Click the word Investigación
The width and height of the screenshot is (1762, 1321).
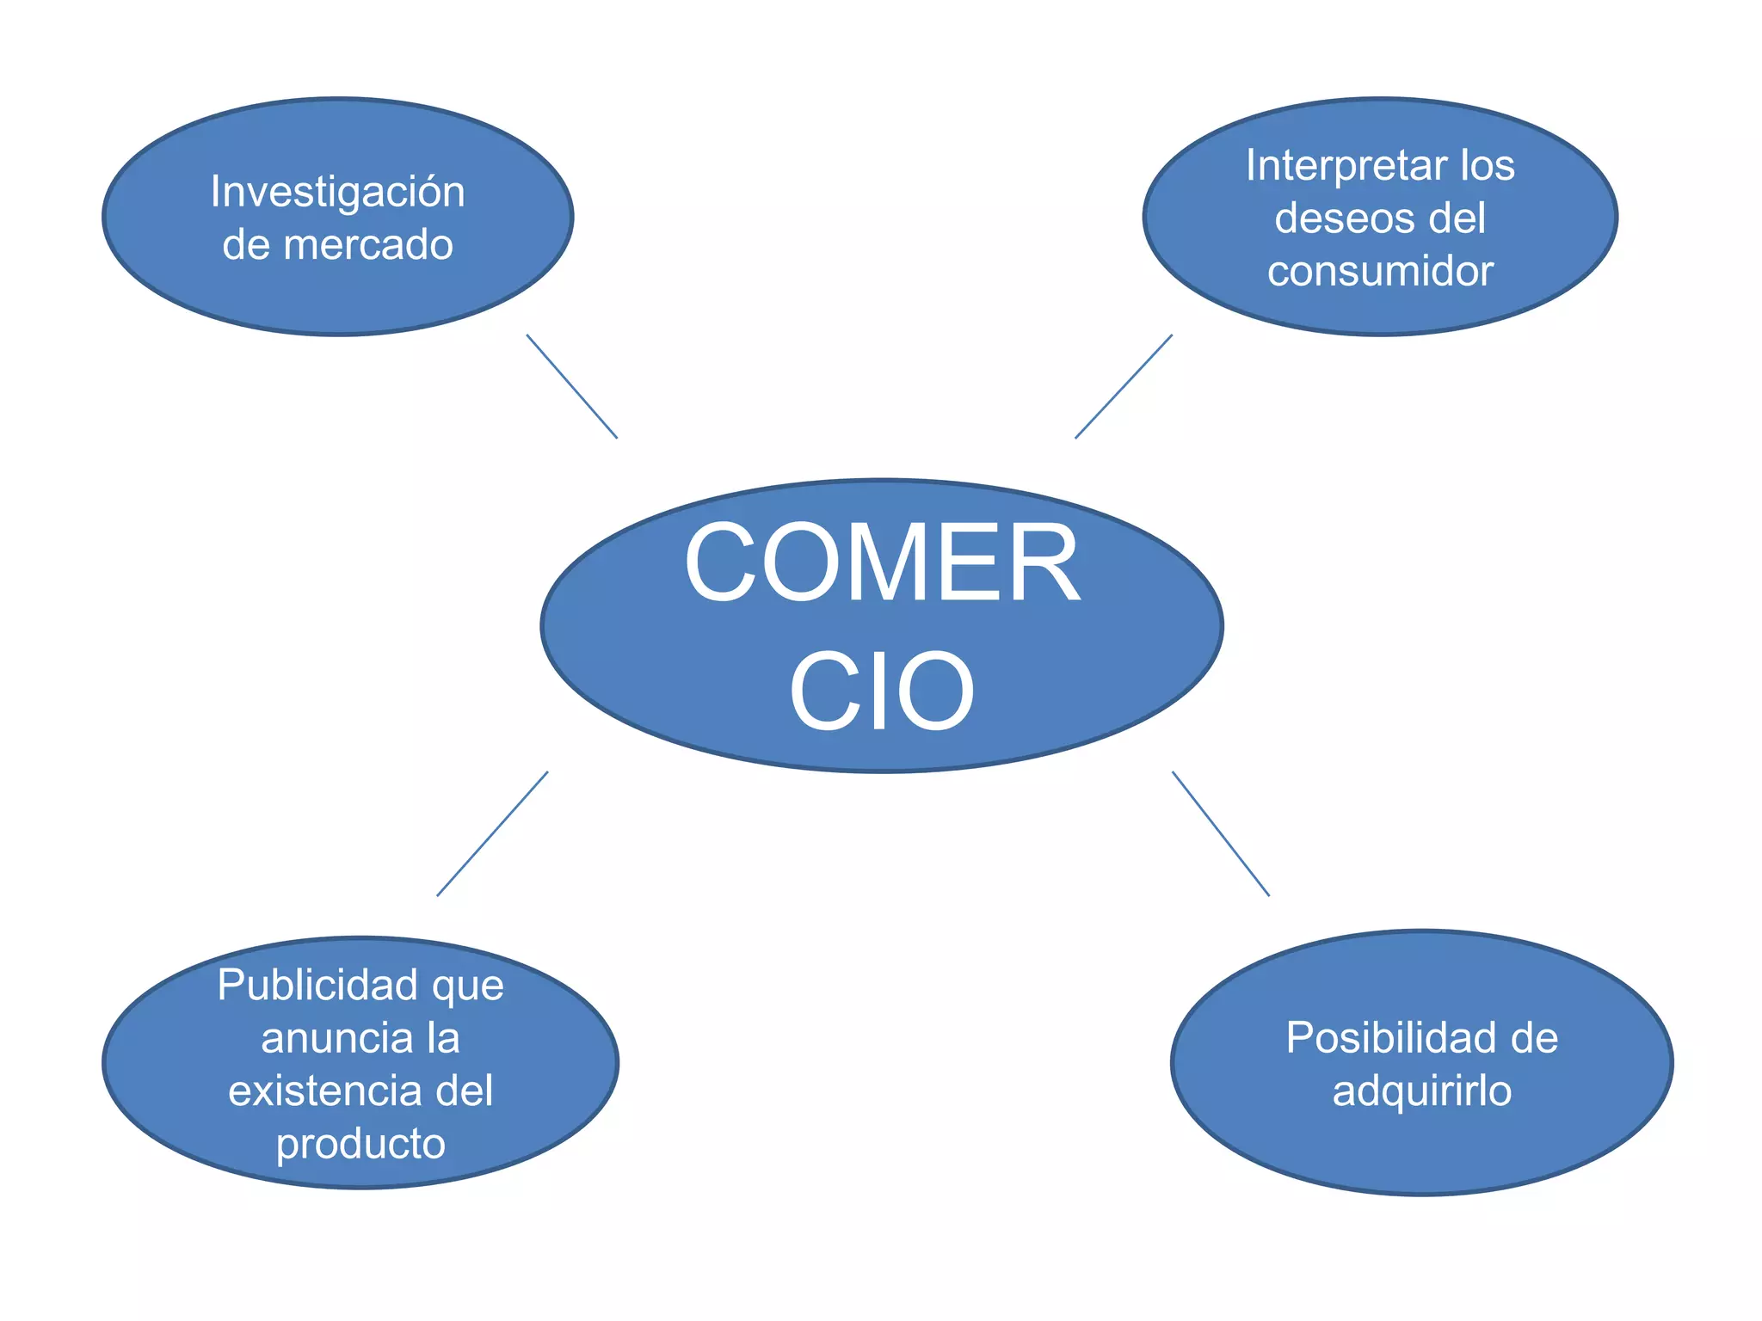coord(337,193)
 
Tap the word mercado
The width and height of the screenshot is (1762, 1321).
coord(367,245)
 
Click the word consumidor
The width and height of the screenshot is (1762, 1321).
coord(1380,272)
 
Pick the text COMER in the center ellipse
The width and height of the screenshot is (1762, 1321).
coord(882,564)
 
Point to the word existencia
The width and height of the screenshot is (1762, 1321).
coord(325,1091)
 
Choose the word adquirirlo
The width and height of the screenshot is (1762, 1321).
coord(1421,1091)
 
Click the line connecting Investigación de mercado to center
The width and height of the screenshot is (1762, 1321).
coord(572,387)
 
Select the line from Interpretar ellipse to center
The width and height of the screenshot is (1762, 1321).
coord(1124,387)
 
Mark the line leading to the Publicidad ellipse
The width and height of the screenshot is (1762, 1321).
coord(492,834)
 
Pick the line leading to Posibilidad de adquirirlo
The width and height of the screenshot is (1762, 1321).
coord(1220,834)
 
